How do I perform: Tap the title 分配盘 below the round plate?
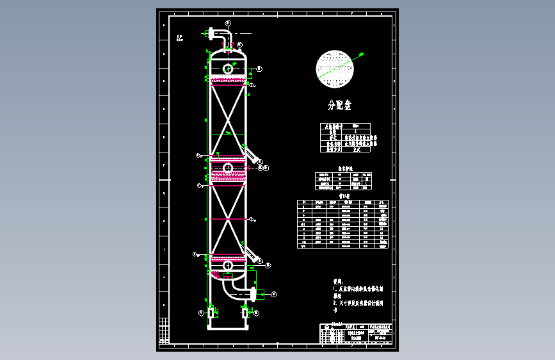click(339, 105)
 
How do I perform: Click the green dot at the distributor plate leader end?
click(360, 54)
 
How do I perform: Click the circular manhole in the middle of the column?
click(228, 168)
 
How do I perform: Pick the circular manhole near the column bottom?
click(228, 265)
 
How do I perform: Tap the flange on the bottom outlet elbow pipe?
click(255, 294)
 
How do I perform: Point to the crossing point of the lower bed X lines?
click(228, 220)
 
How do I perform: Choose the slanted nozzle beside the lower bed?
click(253, 255)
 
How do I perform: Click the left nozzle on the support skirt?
click(211, 313)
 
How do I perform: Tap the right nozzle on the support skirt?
click(246, 313)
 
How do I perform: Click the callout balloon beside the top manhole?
click(259, 69)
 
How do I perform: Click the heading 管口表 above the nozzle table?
click(344, 197)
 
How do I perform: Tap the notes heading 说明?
click(337, 281)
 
